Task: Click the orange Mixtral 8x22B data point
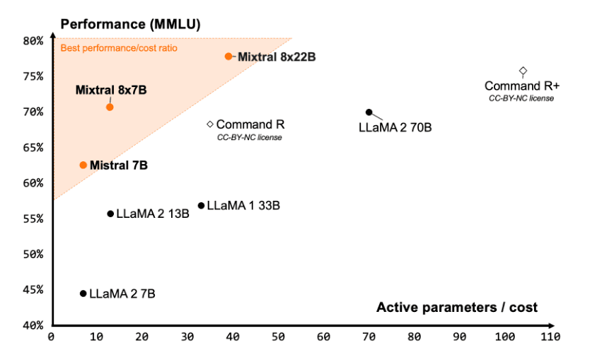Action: [x=228, y=56]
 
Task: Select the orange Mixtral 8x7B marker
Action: [x=110, y=107]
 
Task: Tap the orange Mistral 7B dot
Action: [x=83, y=165]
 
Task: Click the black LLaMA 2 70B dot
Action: [x=369, y=112]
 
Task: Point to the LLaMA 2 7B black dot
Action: [x=83, y=294]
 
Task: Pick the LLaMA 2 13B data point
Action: [x=110, y=214]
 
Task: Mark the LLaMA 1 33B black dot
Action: [x=201, y=206]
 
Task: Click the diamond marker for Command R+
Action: [x=523, y=71]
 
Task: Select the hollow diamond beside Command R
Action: [x=210, y=124]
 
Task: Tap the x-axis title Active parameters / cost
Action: [x=456, y=307]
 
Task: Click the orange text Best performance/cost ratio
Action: [x=118, y=48]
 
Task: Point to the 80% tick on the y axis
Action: [x=33, y=40]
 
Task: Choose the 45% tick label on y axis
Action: [x=33, y=289]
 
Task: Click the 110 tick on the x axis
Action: [x=550, y=337]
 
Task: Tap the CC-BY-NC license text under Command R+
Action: [x=521, y=98]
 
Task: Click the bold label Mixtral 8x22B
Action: [x=276, y=57]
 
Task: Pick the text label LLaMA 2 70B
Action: [x=395, y=128]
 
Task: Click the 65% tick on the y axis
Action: [x=33, y=147]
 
